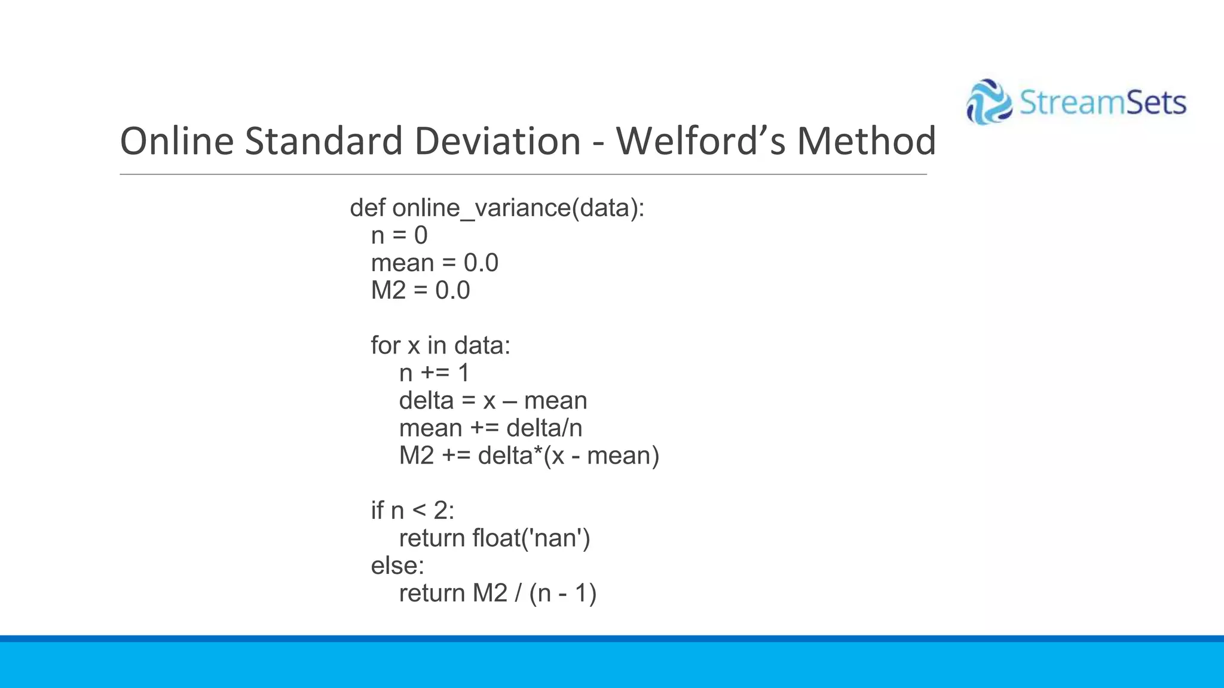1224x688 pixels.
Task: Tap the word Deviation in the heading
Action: click(x=497, y=141)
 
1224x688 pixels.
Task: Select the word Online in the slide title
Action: click(x=177, y=141)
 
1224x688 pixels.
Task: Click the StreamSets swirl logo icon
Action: click(x=989, y=102)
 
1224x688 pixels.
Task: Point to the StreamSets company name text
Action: click(x=1102, y=103)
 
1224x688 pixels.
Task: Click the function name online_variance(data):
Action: click(x=518, y=208)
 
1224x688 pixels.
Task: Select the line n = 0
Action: click(x=399, y=235)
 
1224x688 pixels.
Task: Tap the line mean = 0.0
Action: click(x=434, y=263)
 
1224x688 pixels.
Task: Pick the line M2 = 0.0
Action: click(x=420, y=290)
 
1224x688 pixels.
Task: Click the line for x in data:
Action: click(x=440, y=345)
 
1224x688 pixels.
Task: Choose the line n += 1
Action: click(x=434, y=373)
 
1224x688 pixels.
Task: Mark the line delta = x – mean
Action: click(x=493, y=400)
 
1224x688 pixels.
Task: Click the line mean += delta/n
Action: click(x=491, y=428)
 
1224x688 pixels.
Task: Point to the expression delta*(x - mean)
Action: click(x=568, y=456)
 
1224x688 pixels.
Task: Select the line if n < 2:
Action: click(x=412, y=511)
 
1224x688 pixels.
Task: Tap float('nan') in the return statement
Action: click(x=531, y=538)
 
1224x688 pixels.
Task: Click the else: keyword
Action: click(x=397, y=566)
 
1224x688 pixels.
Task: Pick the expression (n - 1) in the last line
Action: click(x=562, y=593)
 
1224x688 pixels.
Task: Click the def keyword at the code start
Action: click(x=368, y=208)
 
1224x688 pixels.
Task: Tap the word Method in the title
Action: click(x=866, y=141)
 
